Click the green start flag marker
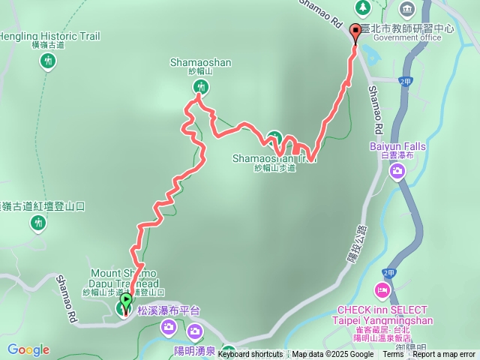point(124,301)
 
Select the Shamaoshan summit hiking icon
point(199,87)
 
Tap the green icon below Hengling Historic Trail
point(48,60)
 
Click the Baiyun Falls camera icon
point(397,172)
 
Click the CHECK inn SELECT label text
point(382,310)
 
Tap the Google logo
point(28,349)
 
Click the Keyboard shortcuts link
point(250,355)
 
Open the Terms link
point(394,355)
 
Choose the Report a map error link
point(443,355)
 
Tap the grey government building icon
point(407,9)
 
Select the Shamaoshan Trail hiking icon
point(274,138)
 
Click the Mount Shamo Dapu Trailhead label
point(124,277)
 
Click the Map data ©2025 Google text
point(332,355)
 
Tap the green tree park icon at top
point(363,7)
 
